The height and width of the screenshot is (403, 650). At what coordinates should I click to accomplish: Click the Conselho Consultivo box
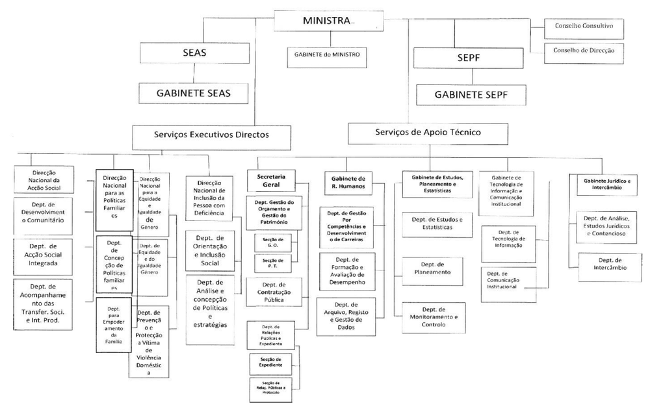pos(580,29)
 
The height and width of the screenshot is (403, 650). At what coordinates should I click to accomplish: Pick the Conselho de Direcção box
pos(580,50)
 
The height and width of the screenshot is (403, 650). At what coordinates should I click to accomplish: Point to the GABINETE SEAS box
pos(193,92)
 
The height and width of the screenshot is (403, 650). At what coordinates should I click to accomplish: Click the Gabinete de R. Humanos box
pos(348,182)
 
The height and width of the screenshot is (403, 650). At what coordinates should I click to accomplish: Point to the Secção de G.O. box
pos(272,242)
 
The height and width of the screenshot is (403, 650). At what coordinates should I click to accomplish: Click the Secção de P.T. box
pos(272,263)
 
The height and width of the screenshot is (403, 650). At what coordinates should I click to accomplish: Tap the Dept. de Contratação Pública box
pos(274,291)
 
